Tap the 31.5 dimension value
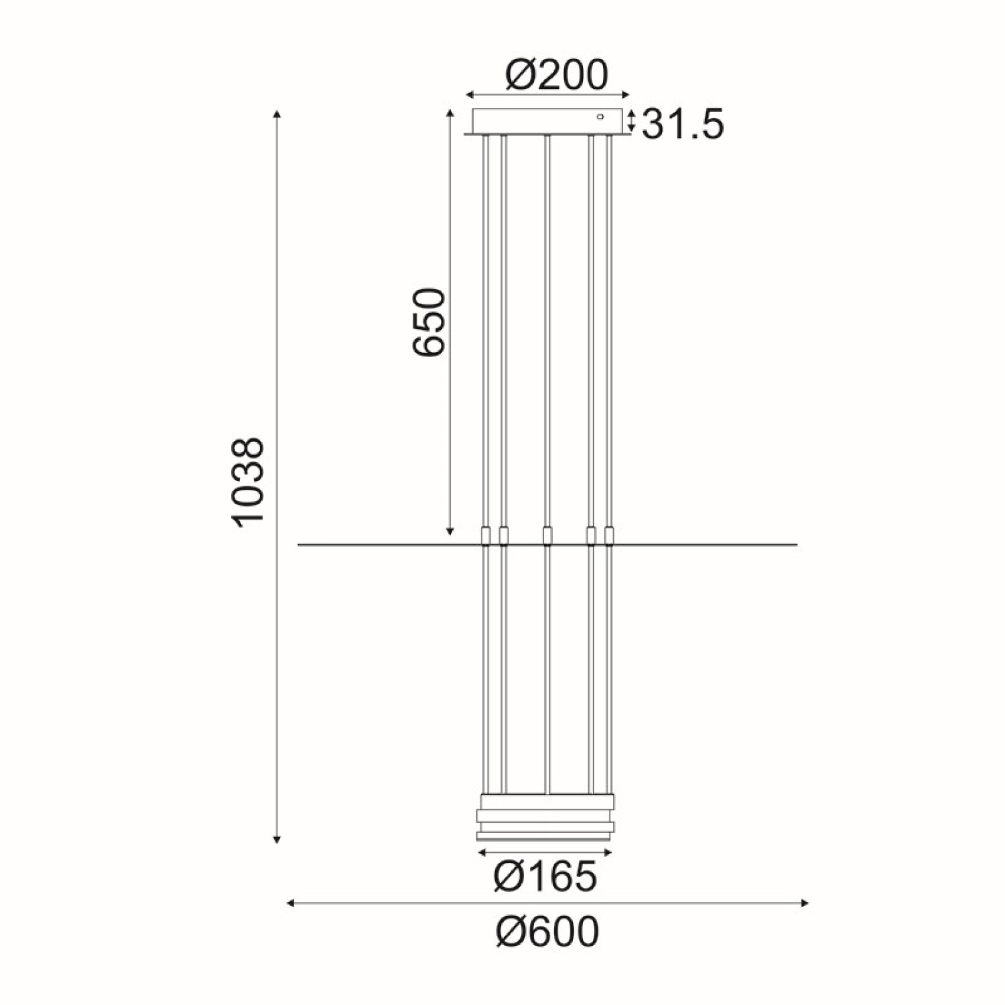click(x=683, y=125)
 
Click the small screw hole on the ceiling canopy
click(x=600, y=117)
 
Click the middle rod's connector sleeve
click(x=547, y=536)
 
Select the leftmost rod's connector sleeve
click(x=486, y=536)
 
